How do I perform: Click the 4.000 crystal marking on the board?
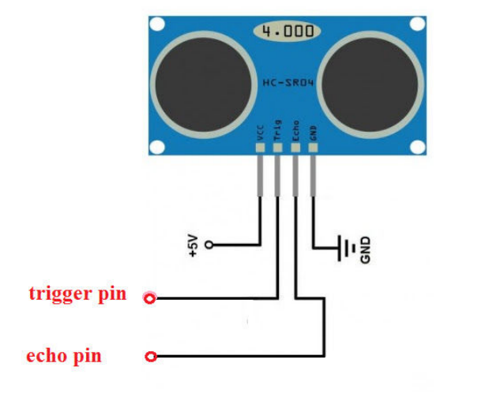tap(287, 32)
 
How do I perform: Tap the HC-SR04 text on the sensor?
tap(288, 83)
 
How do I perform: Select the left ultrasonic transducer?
tap(203, 84)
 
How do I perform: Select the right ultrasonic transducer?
tap(370, 84)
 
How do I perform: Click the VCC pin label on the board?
tap(261, 133)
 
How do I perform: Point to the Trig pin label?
tap(278, 130)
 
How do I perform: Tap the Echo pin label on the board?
tap(295, 131)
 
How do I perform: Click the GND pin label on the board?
tap(313, 133)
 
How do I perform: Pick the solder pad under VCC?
tap(261, 148)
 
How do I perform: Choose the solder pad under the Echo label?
tap(295, 148)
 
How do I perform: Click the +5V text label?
tap(193, 245)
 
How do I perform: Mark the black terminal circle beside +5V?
tap(209, 245)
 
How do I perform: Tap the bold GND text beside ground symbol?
tap(365, 250)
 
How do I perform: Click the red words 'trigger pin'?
tap(77, 294)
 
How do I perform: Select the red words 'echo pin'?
tap(64, 357)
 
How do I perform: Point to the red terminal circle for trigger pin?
tap(150, 298)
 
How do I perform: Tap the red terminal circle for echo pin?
tap(151, 357)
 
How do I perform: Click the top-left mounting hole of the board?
tap(157, 24)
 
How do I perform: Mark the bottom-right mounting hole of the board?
tap(418, 147)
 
